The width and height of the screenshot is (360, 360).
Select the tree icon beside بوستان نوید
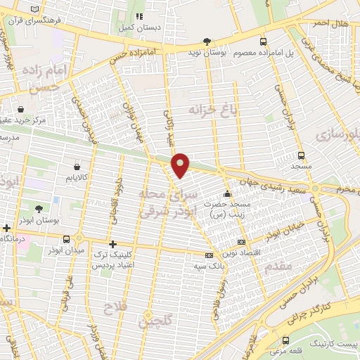206,41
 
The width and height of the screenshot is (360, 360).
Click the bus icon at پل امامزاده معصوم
263,41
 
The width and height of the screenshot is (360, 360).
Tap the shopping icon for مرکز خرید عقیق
20,109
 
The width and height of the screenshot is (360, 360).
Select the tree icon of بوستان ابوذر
38,209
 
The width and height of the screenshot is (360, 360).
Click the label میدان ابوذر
64,250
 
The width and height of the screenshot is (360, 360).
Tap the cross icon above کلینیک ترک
112,243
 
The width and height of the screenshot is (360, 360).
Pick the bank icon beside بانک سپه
208,256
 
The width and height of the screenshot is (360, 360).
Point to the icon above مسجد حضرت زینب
226,194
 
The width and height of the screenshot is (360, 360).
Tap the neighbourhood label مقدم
278,267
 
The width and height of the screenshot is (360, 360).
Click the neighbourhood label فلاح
112,309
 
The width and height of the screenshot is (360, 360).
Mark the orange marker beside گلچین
148,314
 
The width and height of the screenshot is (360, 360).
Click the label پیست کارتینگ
330,341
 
